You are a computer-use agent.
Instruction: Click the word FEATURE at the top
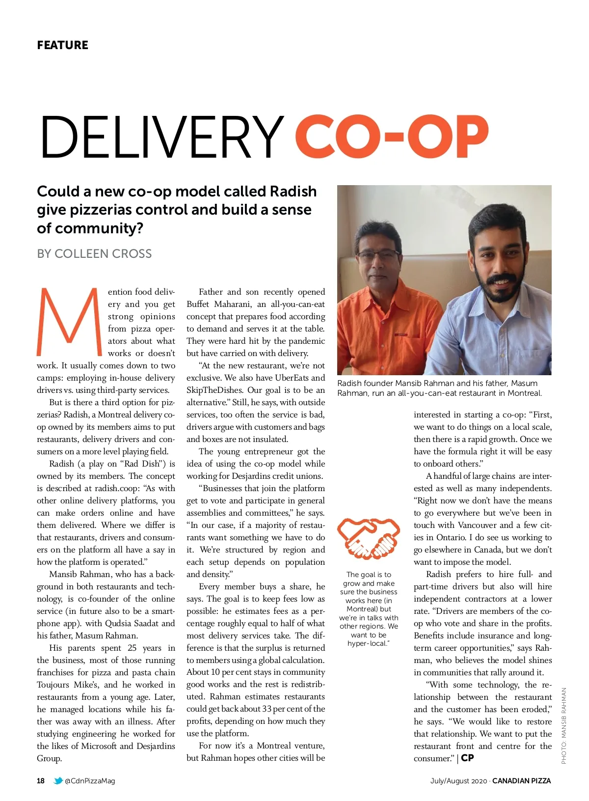pyautogui.click(x=62, y=45)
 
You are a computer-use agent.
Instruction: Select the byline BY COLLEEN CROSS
pyautogui.click(x=94, y=254)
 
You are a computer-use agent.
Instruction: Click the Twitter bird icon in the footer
pyautogui.click(x=58, y=781)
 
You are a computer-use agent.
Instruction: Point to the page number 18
pyautogui.click(x=41, y=781)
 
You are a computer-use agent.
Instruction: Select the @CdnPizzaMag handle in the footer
pyautogui.click(x=90, y=781)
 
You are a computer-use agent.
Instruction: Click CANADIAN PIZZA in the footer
pyautogui.click(x=521, y=781)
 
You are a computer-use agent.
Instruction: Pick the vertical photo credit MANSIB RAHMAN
pyautogui.click(x=564, y=715)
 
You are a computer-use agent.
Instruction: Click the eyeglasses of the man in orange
pyautogui.click(x=378, y=256)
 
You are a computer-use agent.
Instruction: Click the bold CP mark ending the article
pyautogui.click(x=468, y=758)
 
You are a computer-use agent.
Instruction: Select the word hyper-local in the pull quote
pyautogui.click(x=368, y=643)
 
